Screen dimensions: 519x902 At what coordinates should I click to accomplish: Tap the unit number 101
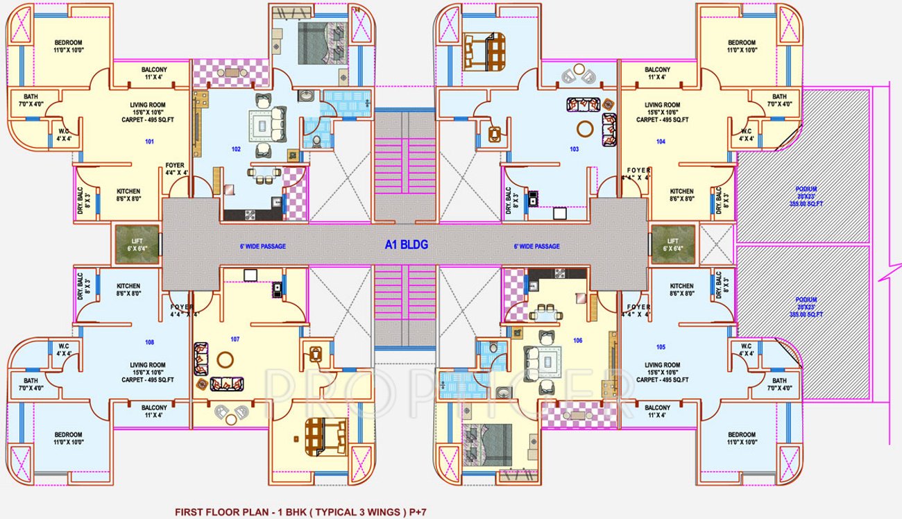pos(149,142)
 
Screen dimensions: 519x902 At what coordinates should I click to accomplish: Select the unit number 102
pos(236,149)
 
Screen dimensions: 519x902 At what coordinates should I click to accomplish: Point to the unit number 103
pos(574,149)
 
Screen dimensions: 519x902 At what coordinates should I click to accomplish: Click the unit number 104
pos(660,142)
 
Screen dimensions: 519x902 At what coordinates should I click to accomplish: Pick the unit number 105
pos(660,347)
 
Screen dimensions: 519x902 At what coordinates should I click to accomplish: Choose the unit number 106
pos(578,340)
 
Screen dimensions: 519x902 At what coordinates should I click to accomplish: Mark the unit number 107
pos(235,339)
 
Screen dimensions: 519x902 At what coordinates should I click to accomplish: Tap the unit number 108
pos(149,342)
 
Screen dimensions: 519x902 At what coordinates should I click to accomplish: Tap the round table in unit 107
pos(225,359)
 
